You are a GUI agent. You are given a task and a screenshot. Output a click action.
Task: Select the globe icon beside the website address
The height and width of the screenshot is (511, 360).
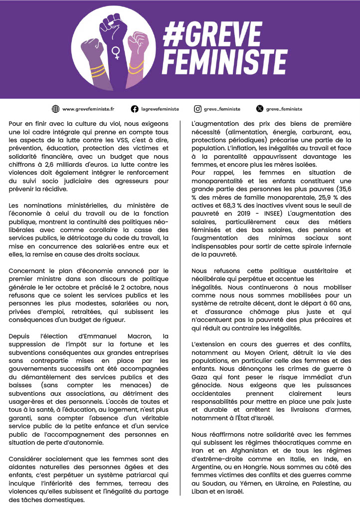pyautogui.click(x=56, y=109)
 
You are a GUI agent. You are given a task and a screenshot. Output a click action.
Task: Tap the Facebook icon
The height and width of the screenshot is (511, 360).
pyautogui.click(x=135, y=109)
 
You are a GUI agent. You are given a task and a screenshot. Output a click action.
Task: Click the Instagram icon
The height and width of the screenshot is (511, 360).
pyautogui.click(x=197, y=109)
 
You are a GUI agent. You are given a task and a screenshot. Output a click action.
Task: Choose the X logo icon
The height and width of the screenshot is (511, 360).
pyautogui.click(x=259, y=109)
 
